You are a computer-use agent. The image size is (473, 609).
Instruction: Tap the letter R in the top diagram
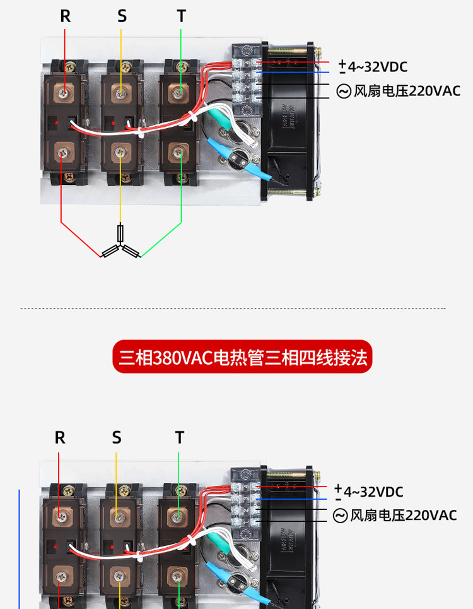pos(65,16)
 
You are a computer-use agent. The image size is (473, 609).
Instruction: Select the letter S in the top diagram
pos(122,16)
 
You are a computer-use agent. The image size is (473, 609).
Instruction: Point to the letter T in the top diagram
pos(182,16)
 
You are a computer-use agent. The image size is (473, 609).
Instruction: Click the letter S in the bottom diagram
pos(117,437)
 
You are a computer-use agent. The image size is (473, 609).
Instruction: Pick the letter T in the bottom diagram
pos(180,437)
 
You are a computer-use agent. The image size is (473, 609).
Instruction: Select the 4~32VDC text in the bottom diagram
pos(373,492)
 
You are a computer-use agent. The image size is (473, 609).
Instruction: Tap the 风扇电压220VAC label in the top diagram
pos(407,91)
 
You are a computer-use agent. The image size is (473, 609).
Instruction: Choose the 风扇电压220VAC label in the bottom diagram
pos(403,516)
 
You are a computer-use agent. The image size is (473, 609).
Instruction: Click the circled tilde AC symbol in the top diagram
pos(344,92)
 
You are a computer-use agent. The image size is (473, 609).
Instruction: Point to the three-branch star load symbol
pos(120,246)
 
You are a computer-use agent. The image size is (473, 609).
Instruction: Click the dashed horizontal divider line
pos(233,309)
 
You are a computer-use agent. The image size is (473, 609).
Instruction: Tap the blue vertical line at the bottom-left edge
pos(19,549)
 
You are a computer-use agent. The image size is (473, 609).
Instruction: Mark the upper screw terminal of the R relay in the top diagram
pos(62,93)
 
